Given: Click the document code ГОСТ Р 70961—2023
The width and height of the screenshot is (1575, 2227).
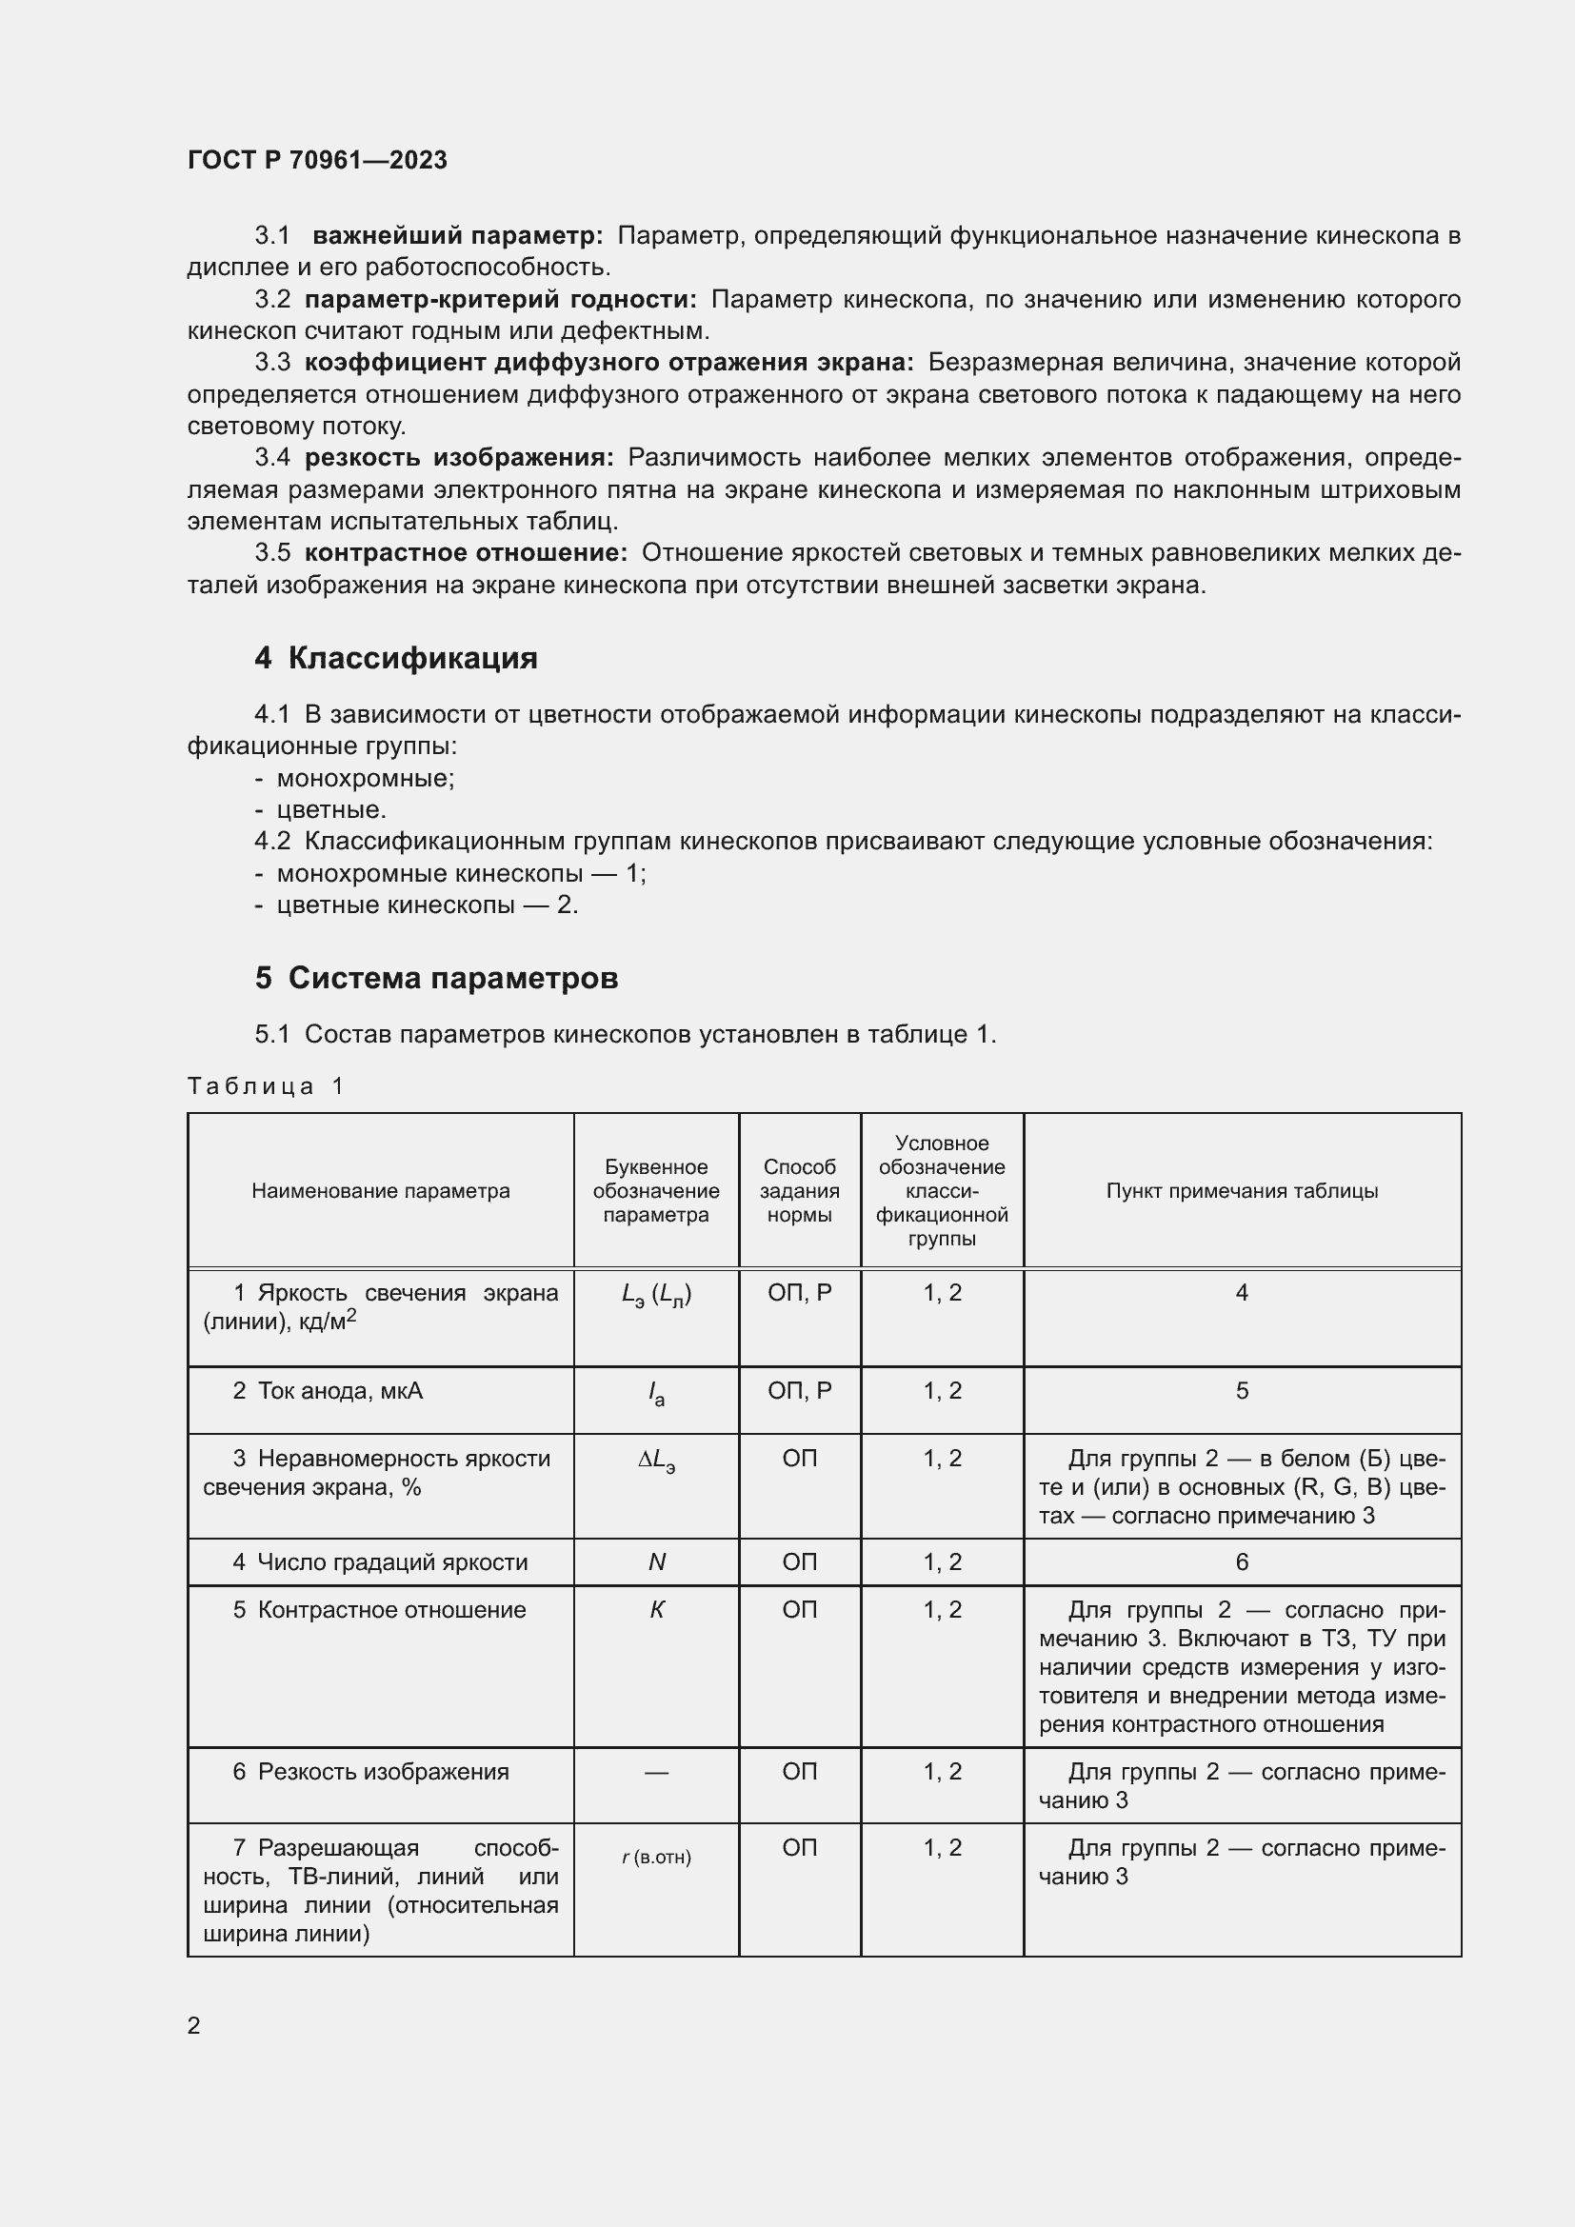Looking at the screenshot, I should (x=317, y=161).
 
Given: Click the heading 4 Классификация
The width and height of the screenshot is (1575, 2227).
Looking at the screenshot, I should (x=396, y=659).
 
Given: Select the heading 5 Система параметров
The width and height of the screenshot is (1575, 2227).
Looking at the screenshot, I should (x=436, y=979).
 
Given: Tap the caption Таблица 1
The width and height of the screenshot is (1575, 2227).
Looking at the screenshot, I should (x=266, y=1086).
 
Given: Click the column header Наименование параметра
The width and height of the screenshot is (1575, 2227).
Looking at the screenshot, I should (x=380, y=1191).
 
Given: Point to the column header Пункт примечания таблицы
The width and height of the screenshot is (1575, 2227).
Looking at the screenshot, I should (x=1242, y=1191).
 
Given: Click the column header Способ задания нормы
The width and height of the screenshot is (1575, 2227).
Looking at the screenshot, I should (x=799, y=1191).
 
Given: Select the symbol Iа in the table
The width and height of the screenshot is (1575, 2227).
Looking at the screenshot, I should (x=657, y=1394).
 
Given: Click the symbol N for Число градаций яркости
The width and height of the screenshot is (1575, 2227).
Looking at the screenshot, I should (x=657, y=1562).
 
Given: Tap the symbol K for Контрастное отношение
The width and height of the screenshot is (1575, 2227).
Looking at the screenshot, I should (x=657, y=1610).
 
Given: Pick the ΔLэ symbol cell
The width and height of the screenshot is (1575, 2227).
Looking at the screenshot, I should (x=657, y=1460).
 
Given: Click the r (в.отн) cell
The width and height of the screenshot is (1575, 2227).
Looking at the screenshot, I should (x=657, y=1858).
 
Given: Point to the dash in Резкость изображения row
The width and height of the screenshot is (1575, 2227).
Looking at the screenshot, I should (x=657, y=1773).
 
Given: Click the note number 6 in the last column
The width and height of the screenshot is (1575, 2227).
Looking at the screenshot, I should (x=1242, y=1562).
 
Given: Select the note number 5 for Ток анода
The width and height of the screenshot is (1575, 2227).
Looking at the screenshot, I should (x=1242, y=1392).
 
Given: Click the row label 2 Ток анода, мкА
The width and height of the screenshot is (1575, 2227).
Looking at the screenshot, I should (x=328, y=1392).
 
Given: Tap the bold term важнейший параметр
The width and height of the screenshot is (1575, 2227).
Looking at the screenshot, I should (x=458, y=236).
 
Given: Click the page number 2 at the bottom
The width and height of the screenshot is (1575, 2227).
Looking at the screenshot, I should (x=194, y=2026).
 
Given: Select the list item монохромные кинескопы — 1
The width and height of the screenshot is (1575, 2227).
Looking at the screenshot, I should (x=461, y=874).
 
